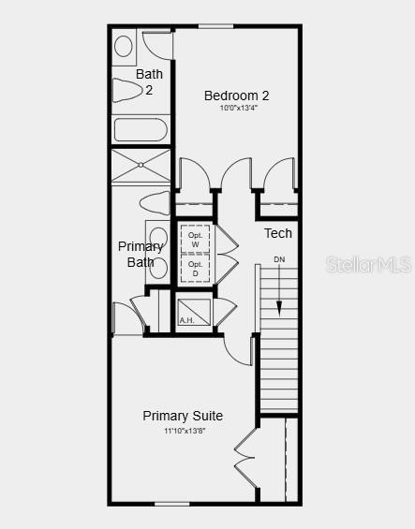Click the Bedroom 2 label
pyautogui.click(x=237, y=95)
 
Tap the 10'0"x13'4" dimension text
pyautogui.click(x=238, y=108)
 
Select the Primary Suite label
pyautogui.click(x=183, y=416)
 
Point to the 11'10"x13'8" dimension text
pyautogui.click(x=183, y=431)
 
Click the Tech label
pyautogui.click(x=277, y=233)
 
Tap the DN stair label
pyautogui.click(x=279, y=259)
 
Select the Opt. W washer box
pyautogui.click(x=195, y=240)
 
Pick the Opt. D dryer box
pyautogui.click(x=195, y=270)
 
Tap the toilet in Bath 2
pyautogui.click(x=126, y=90)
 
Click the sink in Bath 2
pyautogui.click(x=124, y=45)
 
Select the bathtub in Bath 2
pyautogui.click(x=141, y=129)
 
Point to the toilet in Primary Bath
pyautogui.click(x=154, y=202)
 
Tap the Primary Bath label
pyautogui.click(x=141, y=254)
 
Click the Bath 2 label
pyautogui.click(x=149, y=81)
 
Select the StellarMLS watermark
pyautogui.click(x=368, y=265)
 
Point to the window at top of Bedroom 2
pyautogui.click(x=215, y=26)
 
